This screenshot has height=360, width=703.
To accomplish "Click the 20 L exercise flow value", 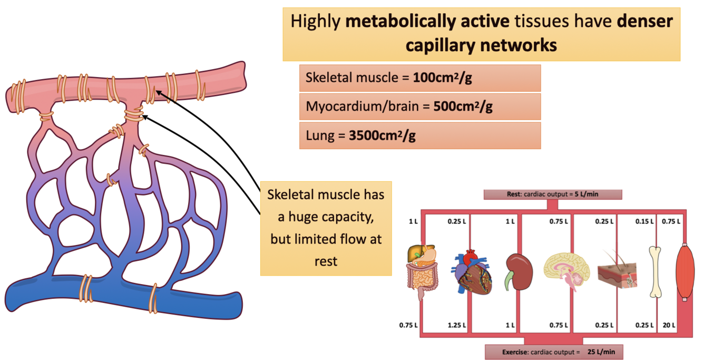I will [x=669, y=325].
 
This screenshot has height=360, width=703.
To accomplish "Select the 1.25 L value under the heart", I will [x=456, y=325].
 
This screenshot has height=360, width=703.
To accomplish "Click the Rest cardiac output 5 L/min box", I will [x=553, y=194].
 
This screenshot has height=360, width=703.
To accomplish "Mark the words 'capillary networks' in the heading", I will [x=481, y=45].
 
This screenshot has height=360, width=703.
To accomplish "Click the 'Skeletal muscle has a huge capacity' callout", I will [x=326, y=228].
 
